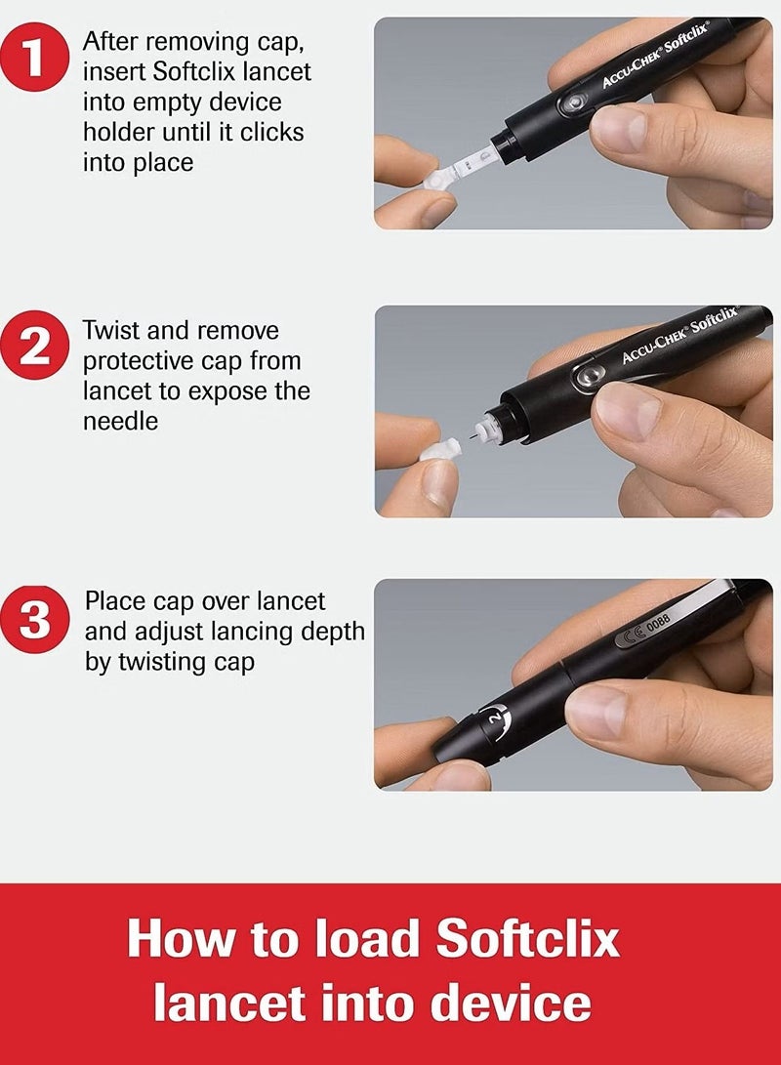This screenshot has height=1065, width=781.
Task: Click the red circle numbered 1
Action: [x=34, y=57]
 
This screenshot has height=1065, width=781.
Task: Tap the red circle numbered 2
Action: [x=34, y=346]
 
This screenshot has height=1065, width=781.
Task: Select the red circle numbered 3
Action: [x=34, y=619]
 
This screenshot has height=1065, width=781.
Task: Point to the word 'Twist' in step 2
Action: [x=110, y=331]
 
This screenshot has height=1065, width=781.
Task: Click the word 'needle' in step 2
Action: [x=120, y=421]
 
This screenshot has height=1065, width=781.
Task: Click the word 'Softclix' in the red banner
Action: [x=528, y=938]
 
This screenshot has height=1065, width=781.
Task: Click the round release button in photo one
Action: [x=572, y=103]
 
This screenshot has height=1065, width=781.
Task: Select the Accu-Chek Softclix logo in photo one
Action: [x=655, y=55]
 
